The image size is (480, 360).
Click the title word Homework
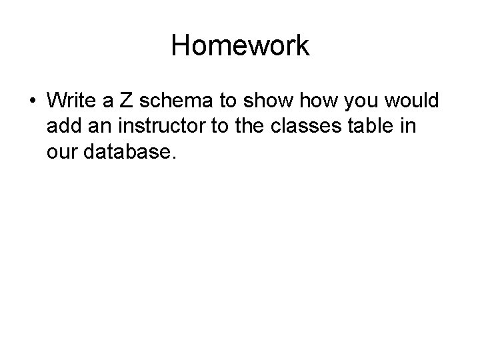[x=240, y=46]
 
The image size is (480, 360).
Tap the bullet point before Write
[x=31, y=101]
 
